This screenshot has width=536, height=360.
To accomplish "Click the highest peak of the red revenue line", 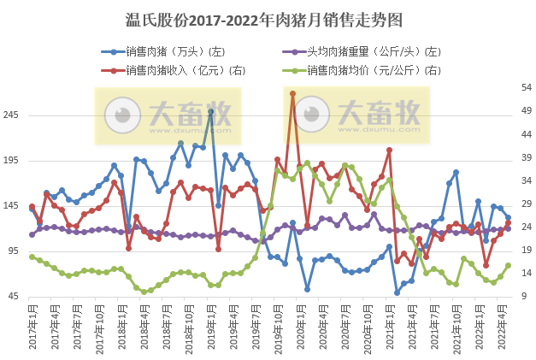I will point(292,93).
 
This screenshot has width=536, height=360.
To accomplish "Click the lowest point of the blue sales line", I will point(397,292).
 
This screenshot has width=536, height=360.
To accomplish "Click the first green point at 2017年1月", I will point(32,257).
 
